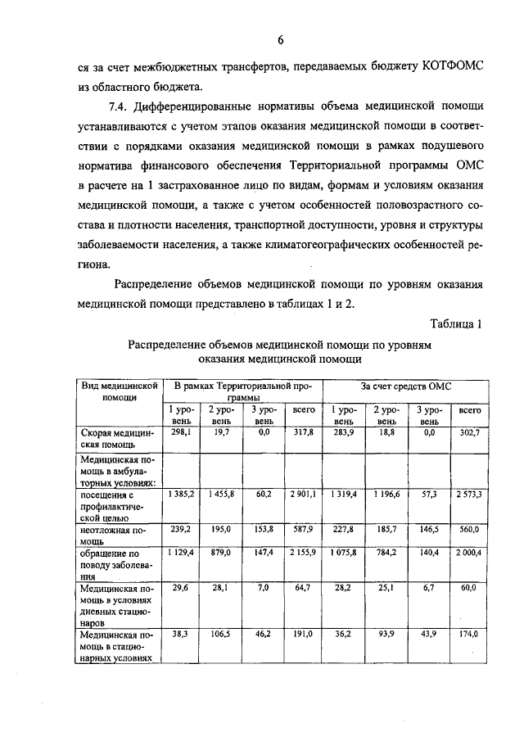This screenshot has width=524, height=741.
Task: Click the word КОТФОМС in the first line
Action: point(449,65)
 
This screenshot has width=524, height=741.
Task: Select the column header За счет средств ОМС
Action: point(406,386)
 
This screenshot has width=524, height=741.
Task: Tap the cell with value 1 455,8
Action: point(221,495)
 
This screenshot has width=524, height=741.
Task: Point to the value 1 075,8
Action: point(343,553)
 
